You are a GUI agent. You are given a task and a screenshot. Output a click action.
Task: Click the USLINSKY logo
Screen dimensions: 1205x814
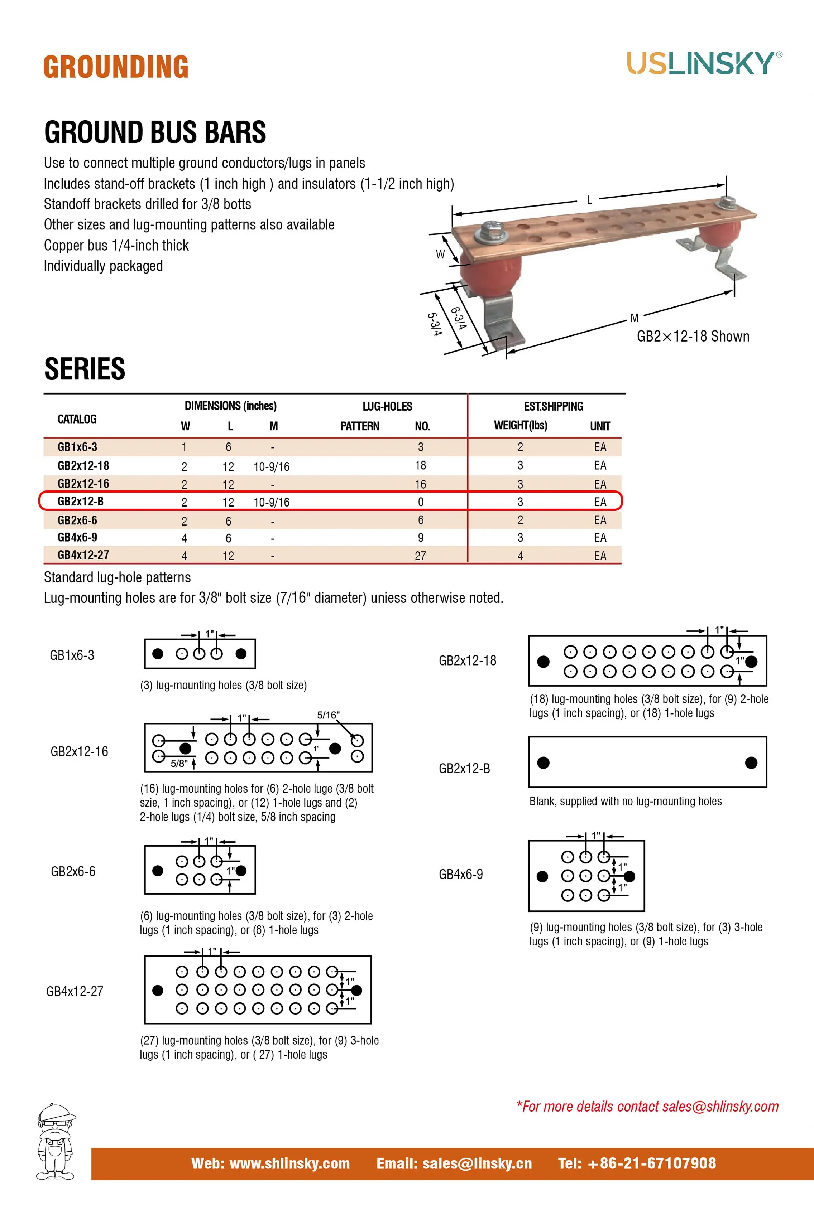704,63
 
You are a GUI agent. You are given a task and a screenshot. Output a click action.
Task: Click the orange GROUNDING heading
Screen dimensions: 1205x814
116,67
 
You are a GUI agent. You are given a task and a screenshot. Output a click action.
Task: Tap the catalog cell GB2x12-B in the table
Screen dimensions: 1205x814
80,502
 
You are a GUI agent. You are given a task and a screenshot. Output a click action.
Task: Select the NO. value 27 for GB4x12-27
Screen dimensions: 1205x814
420,556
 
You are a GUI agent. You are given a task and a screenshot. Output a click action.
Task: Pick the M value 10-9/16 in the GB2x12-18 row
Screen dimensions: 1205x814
271,467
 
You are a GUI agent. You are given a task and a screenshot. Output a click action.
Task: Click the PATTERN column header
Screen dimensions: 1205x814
360,426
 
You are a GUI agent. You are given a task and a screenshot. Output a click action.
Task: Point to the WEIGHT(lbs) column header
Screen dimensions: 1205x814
520,425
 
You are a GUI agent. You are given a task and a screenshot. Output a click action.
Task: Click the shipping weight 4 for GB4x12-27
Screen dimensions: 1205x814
520,556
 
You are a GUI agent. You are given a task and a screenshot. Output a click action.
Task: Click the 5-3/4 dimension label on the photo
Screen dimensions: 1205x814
435,324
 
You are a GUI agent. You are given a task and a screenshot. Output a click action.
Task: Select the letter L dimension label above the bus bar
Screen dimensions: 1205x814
589,200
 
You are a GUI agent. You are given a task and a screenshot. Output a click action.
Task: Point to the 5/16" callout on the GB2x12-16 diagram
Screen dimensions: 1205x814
329,715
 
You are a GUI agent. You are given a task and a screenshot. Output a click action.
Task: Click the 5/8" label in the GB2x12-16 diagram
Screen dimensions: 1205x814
179,763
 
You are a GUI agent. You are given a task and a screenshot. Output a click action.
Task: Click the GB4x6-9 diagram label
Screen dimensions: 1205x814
461,874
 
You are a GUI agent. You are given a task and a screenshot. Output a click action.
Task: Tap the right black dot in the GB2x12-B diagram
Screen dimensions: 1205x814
751,763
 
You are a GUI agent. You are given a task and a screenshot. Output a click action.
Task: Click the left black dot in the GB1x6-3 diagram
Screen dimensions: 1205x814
158,654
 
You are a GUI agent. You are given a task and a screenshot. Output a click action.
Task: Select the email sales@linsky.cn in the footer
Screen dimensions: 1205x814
454,1163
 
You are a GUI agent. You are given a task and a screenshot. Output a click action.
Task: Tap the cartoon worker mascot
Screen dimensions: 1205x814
56,1142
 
